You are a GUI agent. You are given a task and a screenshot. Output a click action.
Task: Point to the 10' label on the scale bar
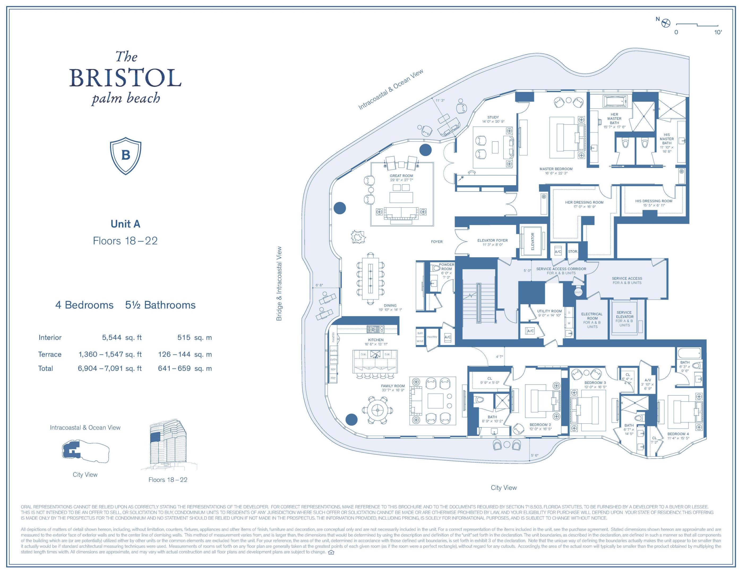pos(718,32)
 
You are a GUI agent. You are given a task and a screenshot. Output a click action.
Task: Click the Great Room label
pos(401,176)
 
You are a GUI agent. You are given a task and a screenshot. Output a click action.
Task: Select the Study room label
pos(493,117)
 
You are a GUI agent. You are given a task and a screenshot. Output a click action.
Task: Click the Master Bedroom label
pos(556,169)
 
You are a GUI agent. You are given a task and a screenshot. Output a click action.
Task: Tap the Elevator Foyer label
pos(492,240)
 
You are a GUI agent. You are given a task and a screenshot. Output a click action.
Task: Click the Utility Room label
pos(549,311)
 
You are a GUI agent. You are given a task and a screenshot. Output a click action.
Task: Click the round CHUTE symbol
pos(578,292)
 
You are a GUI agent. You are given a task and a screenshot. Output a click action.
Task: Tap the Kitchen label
pos(376,340)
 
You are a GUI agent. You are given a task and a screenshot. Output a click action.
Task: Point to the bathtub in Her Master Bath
pos(614,101)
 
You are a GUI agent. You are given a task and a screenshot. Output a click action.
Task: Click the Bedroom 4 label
pos(678,434)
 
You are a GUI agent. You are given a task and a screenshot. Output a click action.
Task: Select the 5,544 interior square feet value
pos(111,337)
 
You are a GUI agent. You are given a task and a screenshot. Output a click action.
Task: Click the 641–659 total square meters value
pos(174,368)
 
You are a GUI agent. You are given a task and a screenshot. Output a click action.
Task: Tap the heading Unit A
pos(125,224)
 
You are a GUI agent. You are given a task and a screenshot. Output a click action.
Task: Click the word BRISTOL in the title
pos(125,78)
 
